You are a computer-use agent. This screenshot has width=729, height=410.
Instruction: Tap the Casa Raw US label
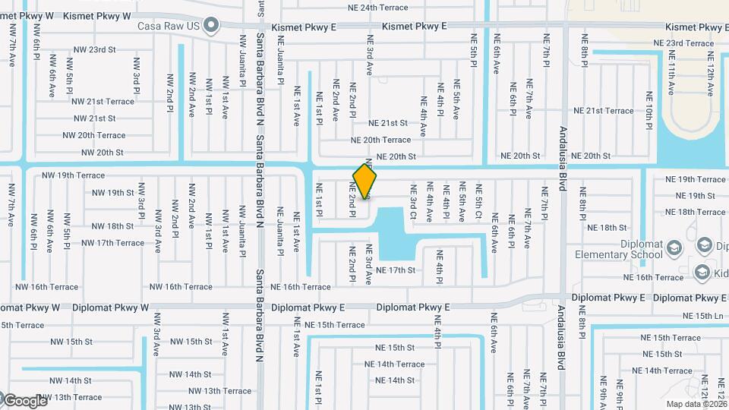pyautogui.click(x=169, y=26)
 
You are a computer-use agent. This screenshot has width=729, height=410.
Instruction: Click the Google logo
pyautogui.click(x=24, y=401)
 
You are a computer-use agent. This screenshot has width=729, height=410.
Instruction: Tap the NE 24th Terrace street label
pyautogui.click(x=377, y=8)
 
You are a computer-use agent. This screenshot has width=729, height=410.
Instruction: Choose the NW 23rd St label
pyautogui.click(x=95, y=49)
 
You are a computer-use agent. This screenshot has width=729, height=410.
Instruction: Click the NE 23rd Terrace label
pyautogui.click(x=690, y=43)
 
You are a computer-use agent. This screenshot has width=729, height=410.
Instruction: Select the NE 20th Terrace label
pyautogui.click(x=380, y=140)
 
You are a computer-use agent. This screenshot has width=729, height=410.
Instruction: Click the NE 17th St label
pyautogui.click(x=396, y=270)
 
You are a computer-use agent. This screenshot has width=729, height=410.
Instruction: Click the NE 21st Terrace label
pyautogui.click(x=603, y=111)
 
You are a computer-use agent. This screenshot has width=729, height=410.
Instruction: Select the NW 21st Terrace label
pyautogui.click(x=104, y=101)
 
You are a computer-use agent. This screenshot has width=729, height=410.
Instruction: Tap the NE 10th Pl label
pyautogui.click(x=649, y=109)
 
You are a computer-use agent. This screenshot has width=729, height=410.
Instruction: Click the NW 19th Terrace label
pyautogui.click(x=74, y=175)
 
